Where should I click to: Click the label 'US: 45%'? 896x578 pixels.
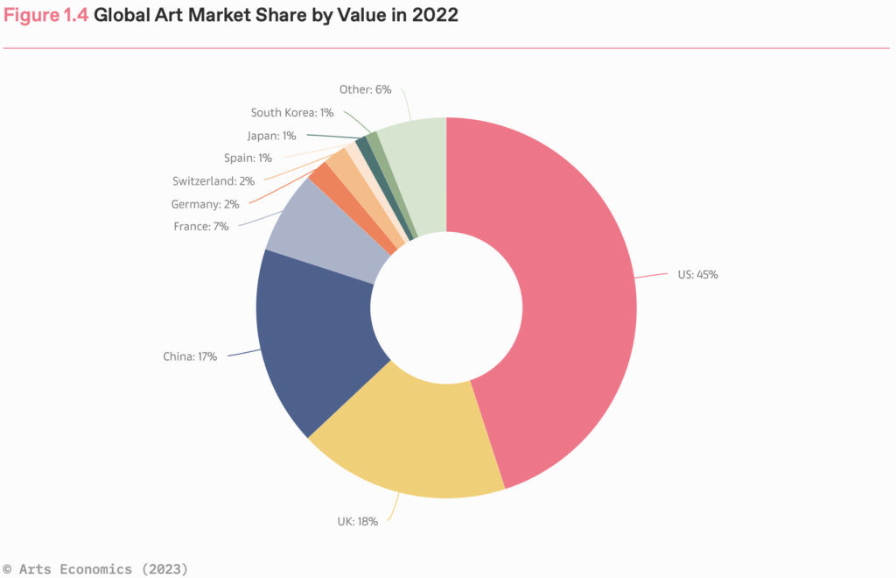click(x=697, y=274)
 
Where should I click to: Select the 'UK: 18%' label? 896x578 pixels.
click(x=357, y=521)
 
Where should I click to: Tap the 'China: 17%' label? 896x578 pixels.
click(x=190, y=356)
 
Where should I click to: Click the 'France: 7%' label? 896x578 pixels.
click(x=201, y=226)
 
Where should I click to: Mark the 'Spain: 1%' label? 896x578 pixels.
click(x=247, y=159)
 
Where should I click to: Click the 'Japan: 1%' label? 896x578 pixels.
click(x=271, y=136)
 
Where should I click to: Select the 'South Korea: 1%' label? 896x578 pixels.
click(x=292, y=112)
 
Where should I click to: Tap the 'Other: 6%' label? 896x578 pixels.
click(x=365, y=89)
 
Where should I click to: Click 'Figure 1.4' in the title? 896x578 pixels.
click(x=45, y=16)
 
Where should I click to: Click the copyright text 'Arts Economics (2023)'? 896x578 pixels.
click(x=103, y=568)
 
